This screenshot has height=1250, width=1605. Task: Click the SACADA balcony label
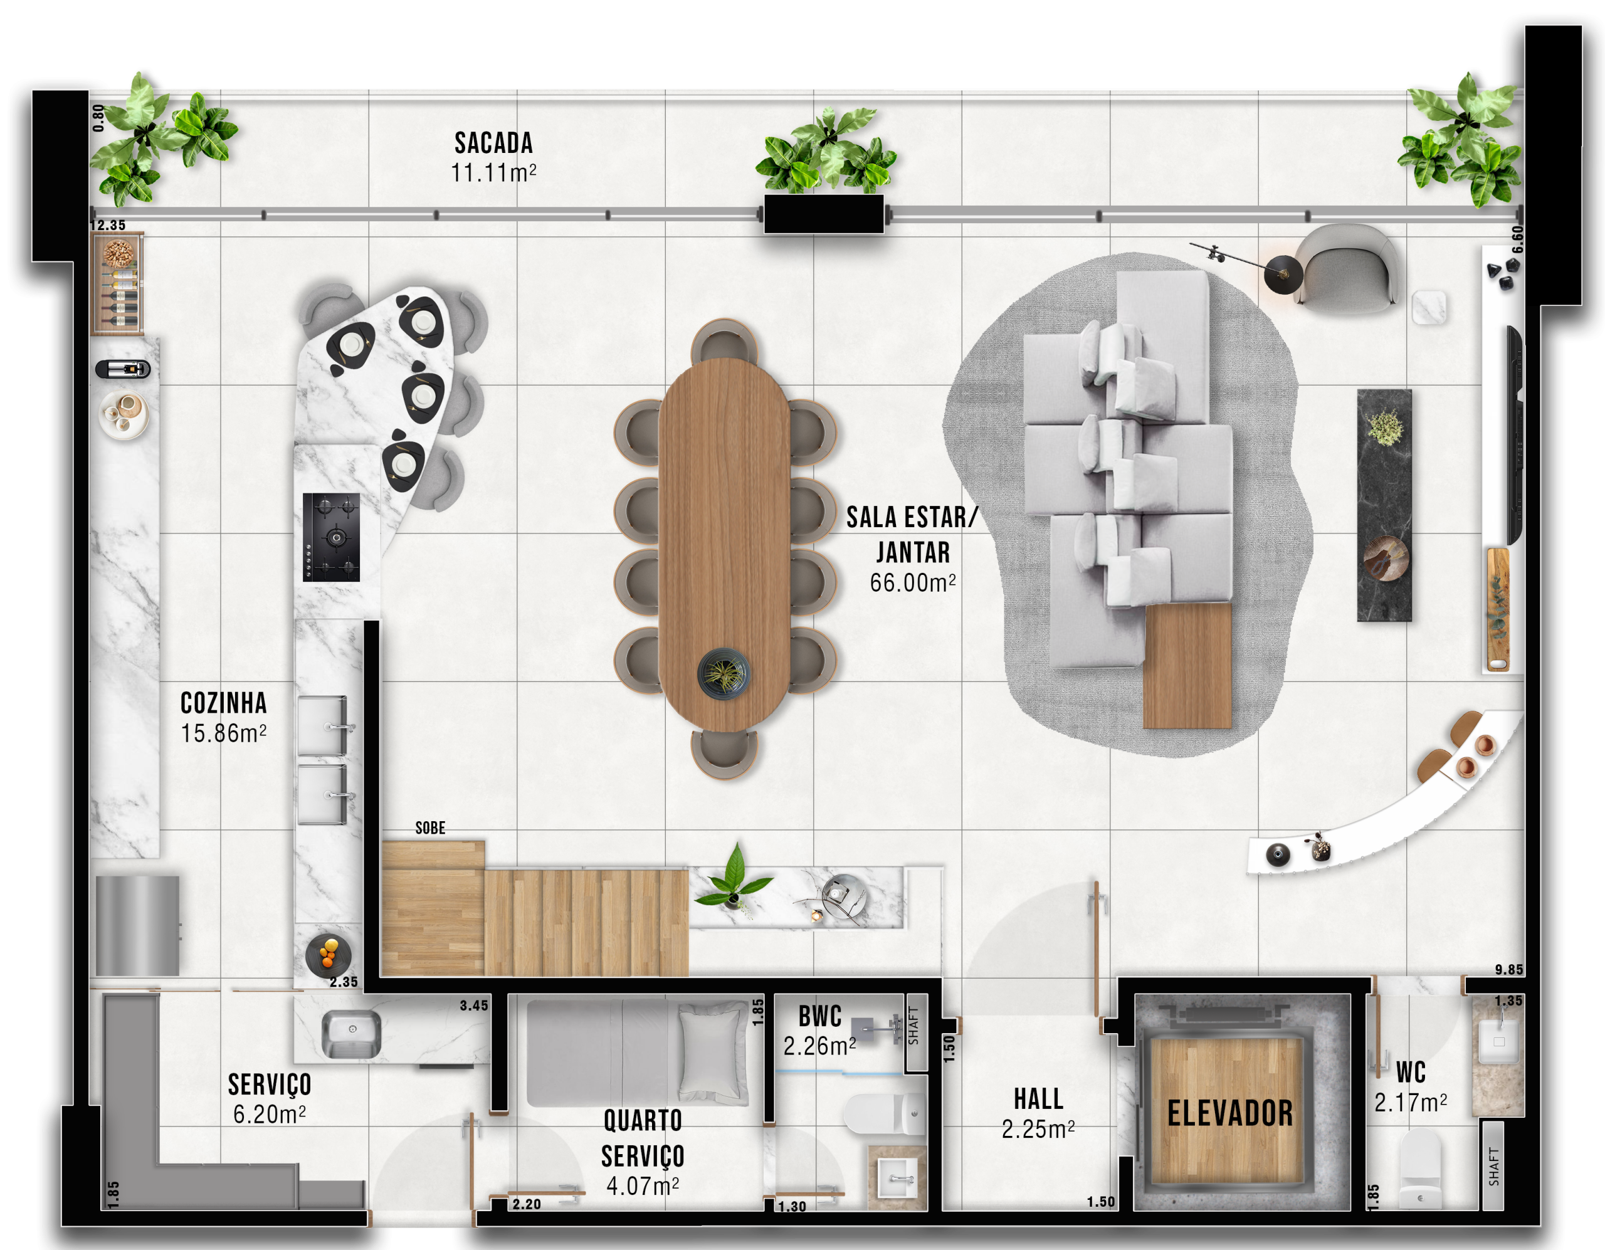point(493,142)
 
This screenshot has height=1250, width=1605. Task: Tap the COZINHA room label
point(223,703)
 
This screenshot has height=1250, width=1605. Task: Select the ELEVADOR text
point(1230,1113)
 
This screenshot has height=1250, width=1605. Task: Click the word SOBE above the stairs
point(430,828)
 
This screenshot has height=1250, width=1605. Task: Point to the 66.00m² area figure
point(913,583)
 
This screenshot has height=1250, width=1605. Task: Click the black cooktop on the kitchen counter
point(332,537)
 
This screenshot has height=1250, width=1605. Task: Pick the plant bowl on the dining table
point(724,673)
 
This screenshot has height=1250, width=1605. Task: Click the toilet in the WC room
point(1420,1169)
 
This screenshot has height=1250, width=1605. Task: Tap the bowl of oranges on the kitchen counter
point(328,955)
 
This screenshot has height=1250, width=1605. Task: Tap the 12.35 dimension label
point(108,226)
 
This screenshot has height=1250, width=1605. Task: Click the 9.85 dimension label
point(1508,970)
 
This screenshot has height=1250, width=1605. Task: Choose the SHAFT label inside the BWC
point(913,1026)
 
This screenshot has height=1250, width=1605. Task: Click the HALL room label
point(1038,1099)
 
